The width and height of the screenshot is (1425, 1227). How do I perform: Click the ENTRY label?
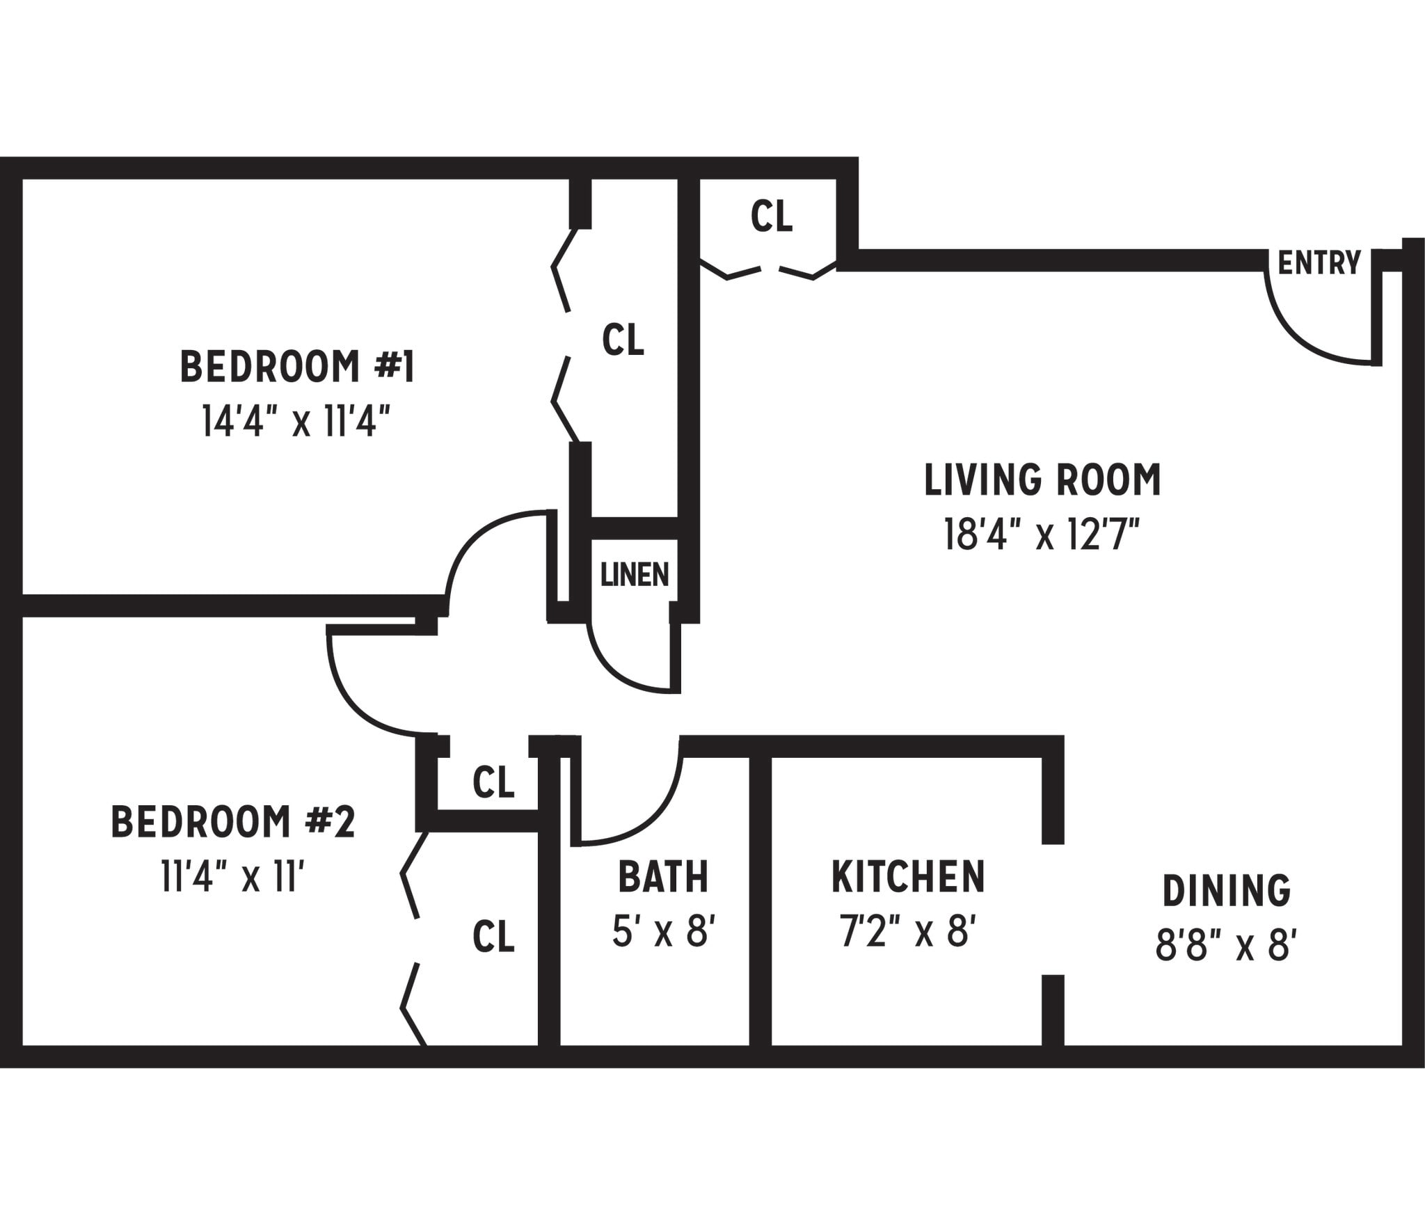tap(1319, 263)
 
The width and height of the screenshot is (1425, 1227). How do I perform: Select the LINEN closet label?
tap(634, 575)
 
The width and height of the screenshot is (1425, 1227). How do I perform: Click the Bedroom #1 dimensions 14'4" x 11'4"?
tap(296, 422)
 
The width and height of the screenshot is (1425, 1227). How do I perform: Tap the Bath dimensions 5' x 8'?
tap(664, 931)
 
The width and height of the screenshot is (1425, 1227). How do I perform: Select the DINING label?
tap(1227, 891)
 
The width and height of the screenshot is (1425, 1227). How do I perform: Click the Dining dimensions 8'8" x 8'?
tap(1226, 947)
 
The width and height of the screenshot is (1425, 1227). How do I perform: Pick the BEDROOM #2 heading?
tap(233, 822)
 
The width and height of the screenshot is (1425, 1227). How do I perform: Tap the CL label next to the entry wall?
tap(772, 216)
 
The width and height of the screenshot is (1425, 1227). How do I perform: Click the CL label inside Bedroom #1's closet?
tap(623, 340)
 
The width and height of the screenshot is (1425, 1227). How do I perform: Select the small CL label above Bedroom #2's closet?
tap(493, 782)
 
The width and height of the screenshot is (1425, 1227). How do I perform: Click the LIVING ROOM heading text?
tap(1042, 480)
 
